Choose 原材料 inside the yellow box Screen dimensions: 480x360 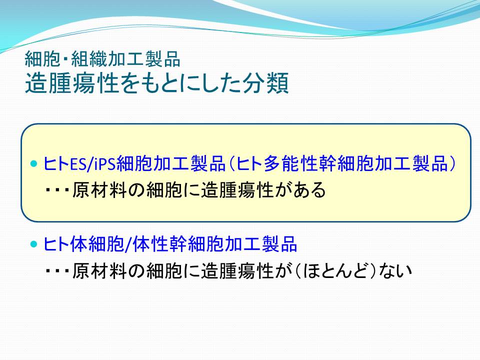(99, 190)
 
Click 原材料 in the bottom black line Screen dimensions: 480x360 (99, 270)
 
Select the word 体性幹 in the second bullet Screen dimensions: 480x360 (160, 244)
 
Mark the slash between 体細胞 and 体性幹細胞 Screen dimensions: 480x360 (128, 244)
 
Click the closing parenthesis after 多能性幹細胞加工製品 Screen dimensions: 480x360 (452, 163)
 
